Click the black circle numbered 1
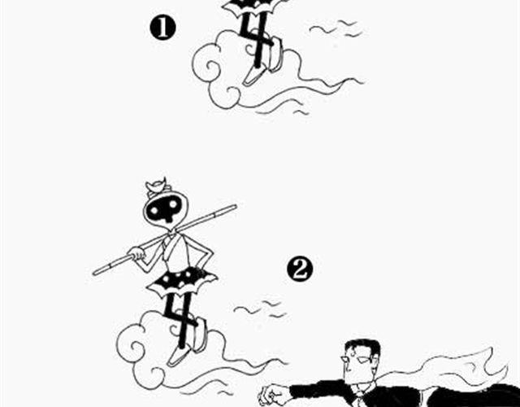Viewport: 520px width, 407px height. [x=162, y=28]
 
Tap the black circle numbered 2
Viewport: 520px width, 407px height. [x=300, y=269]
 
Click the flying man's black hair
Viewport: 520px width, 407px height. [x=363, y=348]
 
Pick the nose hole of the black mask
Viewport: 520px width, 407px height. [x=168, y=217]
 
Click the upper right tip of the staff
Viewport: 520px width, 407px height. [x=235, y=206]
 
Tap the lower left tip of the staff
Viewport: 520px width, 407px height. [x=95, y=274]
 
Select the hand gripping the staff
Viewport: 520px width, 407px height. [x=136, y=254]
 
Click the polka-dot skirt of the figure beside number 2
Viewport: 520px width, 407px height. [x=182, y=282]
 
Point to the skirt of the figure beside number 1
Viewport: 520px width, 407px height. [x=253, y=7]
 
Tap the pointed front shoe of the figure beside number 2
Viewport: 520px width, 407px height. [x=178, y=355]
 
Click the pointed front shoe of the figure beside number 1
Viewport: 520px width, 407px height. [x=253, y=76]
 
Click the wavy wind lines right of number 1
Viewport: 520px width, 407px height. [x=336, y=29]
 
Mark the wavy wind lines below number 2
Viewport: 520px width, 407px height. [x=260, y=309]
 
